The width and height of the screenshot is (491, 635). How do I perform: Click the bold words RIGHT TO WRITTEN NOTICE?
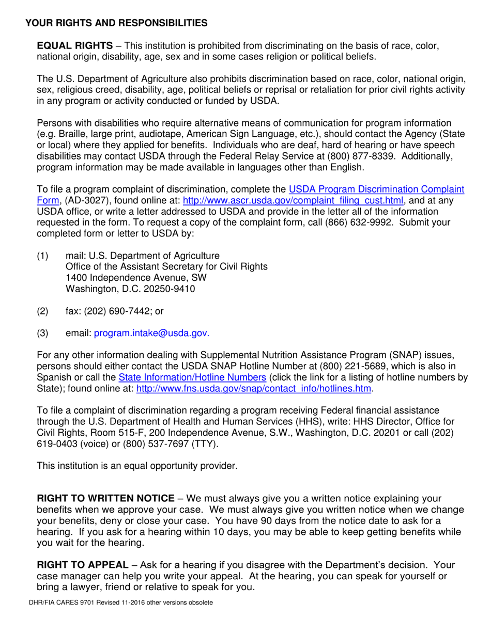(105, 498)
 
